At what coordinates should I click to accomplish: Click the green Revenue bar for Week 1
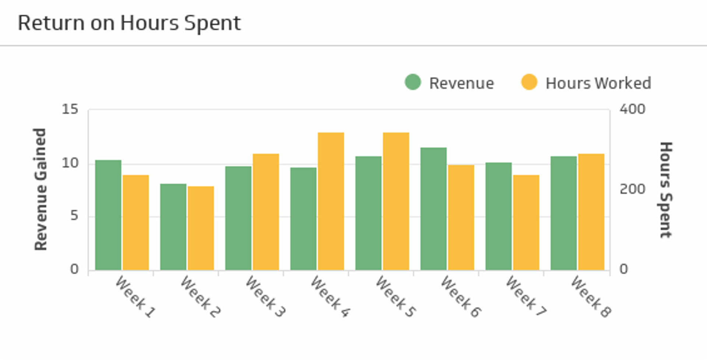coord(108,215)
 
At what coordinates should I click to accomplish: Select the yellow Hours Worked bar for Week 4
coord(331,201)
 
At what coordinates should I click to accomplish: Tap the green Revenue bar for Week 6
coord(433,209)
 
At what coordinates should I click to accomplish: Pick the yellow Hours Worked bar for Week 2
coord(201,228)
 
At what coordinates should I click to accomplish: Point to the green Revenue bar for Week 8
coord(563,213)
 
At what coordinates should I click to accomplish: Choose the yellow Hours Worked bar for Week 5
coord(396,201)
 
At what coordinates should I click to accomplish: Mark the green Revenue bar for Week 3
coord(238,218)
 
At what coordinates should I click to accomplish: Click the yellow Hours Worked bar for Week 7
coord(526,223)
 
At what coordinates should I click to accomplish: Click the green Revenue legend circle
coord(413,82)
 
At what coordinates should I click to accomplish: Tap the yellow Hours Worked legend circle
coord(529,82)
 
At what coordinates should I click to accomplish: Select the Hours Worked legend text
coord(598,83)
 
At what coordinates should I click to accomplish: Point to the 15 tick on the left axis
coord(70,109)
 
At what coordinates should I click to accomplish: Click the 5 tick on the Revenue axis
coord(74,216)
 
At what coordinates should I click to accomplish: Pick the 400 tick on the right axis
coord(632,109)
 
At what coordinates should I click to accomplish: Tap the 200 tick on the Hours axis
coord(632,189)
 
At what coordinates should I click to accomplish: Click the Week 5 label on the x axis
coord(396,297)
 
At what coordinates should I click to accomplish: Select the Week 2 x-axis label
coord(201,297)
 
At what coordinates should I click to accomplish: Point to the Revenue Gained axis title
coord(41,189)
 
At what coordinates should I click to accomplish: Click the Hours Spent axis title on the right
coord(666,190)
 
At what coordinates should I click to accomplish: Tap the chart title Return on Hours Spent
coord(129,23)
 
